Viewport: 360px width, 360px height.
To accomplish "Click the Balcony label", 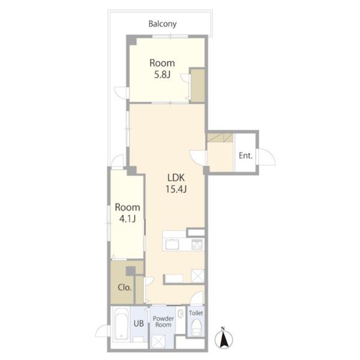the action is tap(163, 24).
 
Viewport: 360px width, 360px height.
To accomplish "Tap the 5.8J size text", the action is tap(163, 75).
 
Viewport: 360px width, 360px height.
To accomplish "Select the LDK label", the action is tap(176, 178).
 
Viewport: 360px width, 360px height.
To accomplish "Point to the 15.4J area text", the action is tap(176, 189).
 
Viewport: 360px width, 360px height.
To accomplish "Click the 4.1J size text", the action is tap(127, 218).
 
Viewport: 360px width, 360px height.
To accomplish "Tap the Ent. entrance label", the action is tap(245, 155).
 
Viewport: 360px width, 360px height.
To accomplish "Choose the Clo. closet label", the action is tap(125, 287).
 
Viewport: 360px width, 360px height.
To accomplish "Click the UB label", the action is tap(139, 323).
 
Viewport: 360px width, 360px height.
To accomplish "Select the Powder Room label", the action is tap(163, 322).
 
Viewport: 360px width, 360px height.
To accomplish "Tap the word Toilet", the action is tap(196, 313).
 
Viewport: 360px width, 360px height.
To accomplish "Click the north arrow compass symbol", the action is tap(223, 338).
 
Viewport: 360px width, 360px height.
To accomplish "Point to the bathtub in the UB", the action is tap(121, 324).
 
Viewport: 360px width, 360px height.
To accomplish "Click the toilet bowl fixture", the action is tap(197, 327).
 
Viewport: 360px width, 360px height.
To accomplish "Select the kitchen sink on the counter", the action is tap(172, 244).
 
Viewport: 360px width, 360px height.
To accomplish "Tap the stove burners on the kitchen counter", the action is tap(197, 244).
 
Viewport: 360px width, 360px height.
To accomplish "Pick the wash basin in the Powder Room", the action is tap(181, 313).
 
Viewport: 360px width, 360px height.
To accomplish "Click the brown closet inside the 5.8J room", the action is tap(197, 85).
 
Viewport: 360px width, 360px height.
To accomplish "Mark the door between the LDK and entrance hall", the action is tap(198, 158).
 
